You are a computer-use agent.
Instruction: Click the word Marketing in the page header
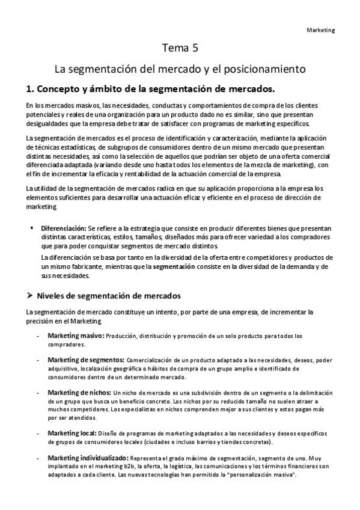click(321, 29)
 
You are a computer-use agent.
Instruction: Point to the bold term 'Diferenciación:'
click(63, 229)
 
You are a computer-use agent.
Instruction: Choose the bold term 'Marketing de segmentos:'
click(86, 360)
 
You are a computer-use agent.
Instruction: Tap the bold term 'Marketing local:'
click(72, 432)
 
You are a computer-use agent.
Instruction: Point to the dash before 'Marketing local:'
click(39, 433)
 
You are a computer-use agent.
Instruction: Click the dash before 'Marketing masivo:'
click(39, 336)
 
